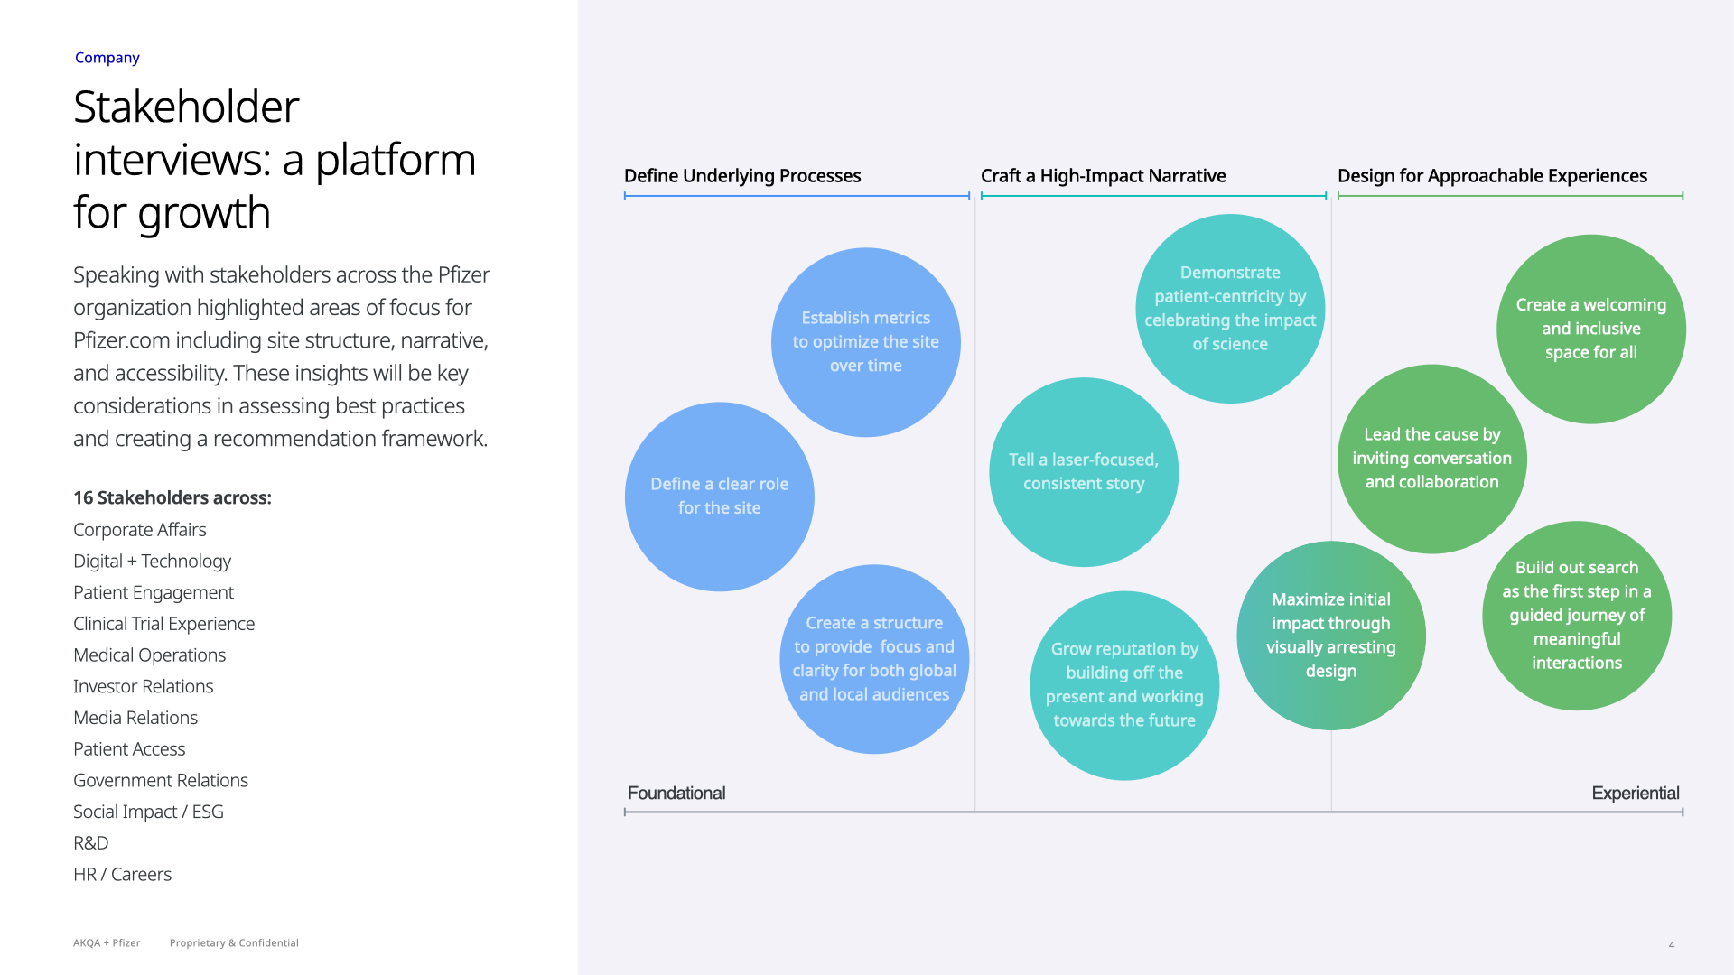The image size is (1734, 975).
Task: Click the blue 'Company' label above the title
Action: click(x=107, y=58)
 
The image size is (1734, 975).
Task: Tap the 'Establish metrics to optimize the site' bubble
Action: click(x=865, y=342)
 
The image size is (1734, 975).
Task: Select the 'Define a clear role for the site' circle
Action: click(x=719, y=497)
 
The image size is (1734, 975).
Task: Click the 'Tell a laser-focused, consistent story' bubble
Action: click(x=1083, y=472)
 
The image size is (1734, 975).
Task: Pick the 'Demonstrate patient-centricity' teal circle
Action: click(x=1229, y=308)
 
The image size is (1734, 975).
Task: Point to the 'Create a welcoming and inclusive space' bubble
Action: click(x=1590, y=329)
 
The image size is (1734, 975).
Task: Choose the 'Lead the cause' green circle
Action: click(x=1431, y=459)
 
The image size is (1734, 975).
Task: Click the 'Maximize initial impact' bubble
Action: click(x=1330, y=635)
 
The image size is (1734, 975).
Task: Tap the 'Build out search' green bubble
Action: click(x=1576, y=615)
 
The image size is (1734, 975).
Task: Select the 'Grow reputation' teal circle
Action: click(x=1123, y=685)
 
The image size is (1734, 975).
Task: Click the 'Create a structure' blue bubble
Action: click(x=873, y=659)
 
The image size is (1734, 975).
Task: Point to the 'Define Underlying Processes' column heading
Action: click(x=742, y=176)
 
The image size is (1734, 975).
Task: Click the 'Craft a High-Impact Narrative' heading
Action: click(x=1103, y=176)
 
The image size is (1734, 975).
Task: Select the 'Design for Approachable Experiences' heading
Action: click(x=1492, y=176)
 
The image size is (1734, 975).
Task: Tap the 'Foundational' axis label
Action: click(x=676, y=794)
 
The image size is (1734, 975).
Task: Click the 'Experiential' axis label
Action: click(x=1635, y=794)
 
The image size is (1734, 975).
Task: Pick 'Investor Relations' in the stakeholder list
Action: click(x=143, y=686)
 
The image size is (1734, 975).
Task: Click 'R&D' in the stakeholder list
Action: click(x=90, y=843)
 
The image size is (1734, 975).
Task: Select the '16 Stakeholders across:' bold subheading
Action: click(x=172, y=497)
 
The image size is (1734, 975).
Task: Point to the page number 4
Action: click(x=1671, y=945)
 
